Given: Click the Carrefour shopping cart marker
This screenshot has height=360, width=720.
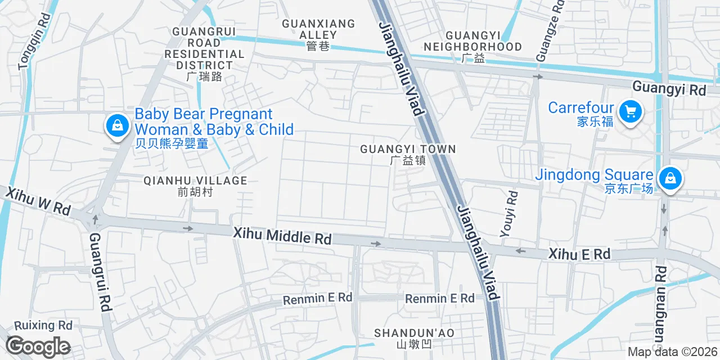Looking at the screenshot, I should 630,112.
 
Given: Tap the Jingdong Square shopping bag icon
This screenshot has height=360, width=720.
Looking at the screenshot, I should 670,179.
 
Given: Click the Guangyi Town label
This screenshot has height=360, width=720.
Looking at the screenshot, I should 408,154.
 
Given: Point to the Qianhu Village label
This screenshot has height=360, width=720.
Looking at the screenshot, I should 195,186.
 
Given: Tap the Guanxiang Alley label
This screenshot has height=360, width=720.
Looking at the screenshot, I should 318,34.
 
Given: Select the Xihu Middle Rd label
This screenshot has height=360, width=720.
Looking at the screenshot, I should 282,236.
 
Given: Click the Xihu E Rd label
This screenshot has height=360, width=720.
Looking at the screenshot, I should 579,254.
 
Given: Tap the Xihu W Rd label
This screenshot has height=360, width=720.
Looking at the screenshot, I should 38,201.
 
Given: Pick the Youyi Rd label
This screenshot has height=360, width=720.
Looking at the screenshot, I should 509,214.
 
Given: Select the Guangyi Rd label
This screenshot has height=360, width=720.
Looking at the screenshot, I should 669,88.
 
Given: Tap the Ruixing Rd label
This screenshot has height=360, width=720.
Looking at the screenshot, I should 43,326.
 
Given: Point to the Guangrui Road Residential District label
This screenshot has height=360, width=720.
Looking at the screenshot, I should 204,53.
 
